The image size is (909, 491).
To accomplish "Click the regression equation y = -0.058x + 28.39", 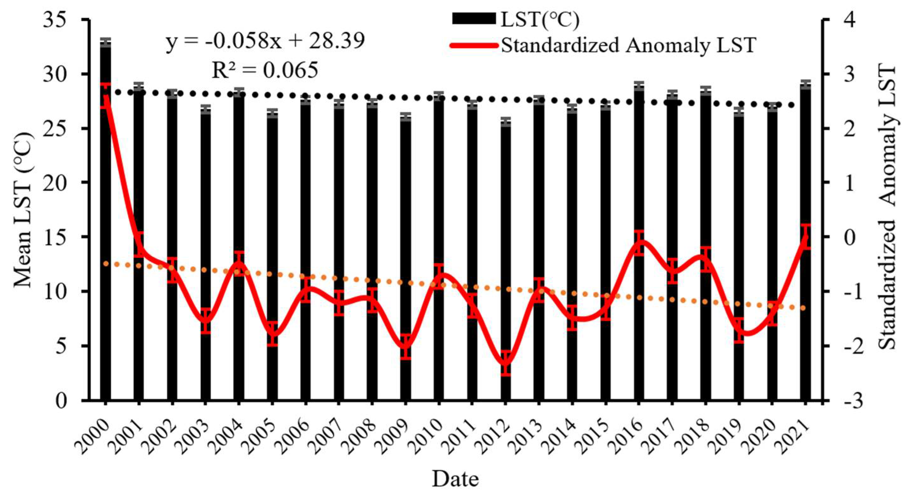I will point(265,41).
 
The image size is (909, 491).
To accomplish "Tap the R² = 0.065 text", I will point(265,70).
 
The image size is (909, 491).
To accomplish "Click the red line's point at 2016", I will point(639,242).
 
